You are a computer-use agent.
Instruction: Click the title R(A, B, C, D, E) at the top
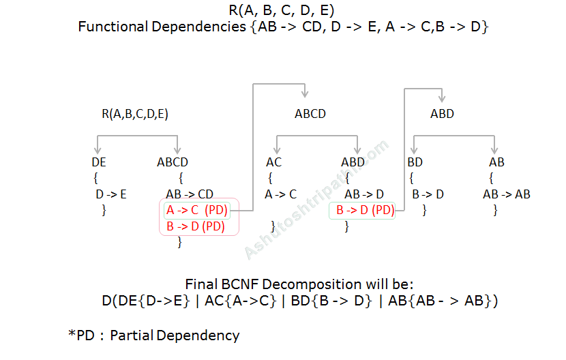tap(282, 10)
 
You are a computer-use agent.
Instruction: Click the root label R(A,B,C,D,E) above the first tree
tap(134, 114)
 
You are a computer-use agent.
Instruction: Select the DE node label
tap(99, 162)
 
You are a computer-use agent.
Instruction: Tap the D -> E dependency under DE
tap(112, 194)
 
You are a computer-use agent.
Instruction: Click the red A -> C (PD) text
tap(197, 210)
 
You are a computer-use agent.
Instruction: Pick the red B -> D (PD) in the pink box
tap(195, 226)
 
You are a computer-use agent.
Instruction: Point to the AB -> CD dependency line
tap(190, 194)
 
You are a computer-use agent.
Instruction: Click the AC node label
tap(273, 162)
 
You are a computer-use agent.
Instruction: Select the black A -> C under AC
tap(280, 194)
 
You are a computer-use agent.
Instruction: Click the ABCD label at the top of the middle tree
tap(310, 114)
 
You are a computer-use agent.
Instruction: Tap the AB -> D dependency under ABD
tap(364, 194)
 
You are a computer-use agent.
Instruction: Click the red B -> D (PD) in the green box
tap(365, 210)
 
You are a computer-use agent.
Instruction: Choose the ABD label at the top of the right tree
tap(442, 114)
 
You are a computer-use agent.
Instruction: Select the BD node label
tap(415, 162)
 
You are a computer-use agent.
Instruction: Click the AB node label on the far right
tap(496, 162)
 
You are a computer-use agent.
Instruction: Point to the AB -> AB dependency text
tap(506, 194)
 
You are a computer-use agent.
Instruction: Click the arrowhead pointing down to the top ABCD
tap(305, 93)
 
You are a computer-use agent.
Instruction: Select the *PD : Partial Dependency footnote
tap(153, 335)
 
